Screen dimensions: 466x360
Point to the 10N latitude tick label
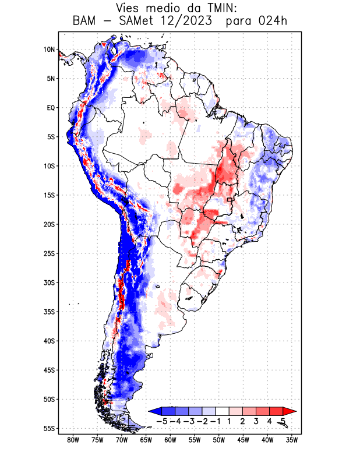[49, 50]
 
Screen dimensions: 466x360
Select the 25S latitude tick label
[49, 253]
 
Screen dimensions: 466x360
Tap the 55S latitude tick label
[49, 428]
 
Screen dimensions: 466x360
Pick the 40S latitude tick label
[49, 341]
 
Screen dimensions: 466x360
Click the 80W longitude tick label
[73, 440]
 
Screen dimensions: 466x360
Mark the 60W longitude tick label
[171, 440]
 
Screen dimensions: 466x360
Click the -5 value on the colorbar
[162, 421]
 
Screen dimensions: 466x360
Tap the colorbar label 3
[256, 421]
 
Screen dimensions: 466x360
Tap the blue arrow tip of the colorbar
[153, 411]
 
